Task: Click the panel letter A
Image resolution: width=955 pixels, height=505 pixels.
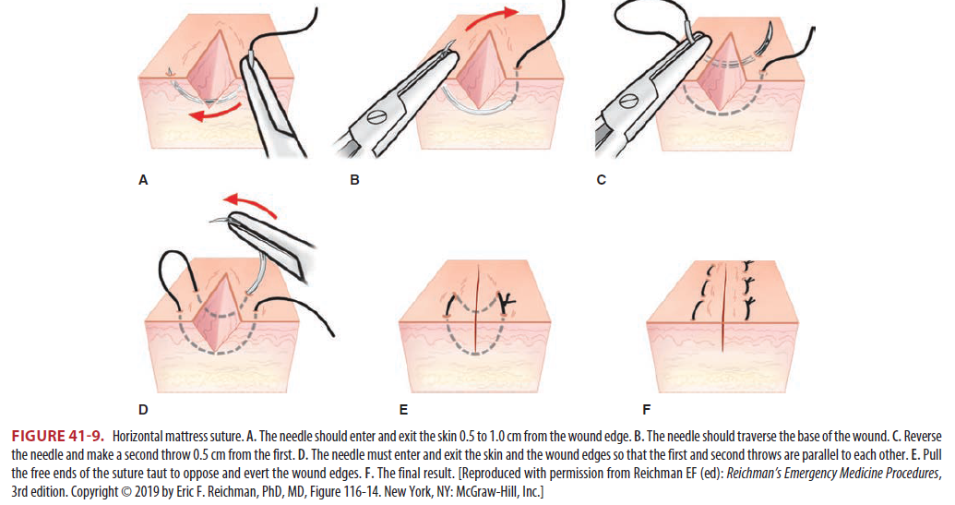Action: point(143,181)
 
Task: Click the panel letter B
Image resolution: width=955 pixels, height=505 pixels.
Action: point(354,181)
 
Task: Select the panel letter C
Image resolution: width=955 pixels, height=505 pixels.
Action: point(601,181)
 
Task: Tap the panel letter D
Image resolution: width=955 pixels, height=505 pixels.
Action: point(142,406)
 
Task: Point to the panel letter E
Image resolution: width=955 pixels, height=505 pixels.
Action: point(403,406)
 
